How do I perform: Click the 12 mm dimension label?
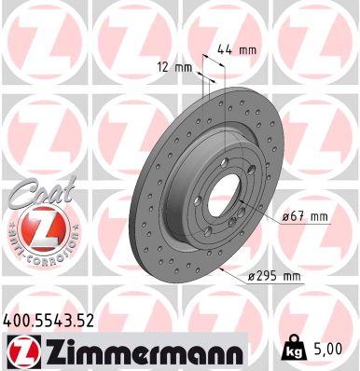point(173,66)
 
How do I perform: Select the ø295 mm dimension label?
point(277,275)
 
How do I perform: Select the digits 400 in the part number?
point(17,321)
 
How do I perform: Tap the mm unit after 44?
point(248,48)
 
